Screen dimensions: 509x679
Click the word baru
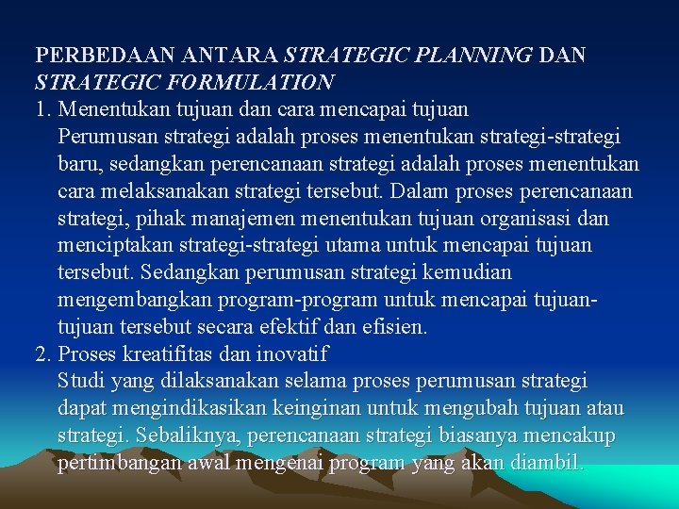tap(79, 165)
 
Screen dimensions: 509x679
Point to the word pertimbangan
tap(118, 464)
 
